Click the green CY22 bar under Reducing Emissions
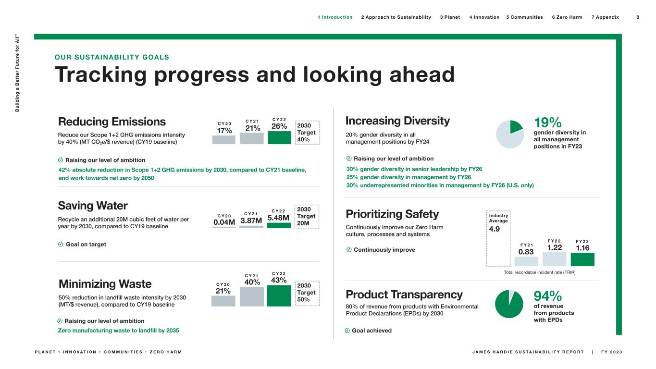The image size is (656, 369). click(279, 137)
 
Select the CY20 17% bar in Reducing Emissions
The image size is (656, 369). click(224, 140)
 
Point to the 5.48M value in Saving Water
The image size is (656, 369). click(279, 218)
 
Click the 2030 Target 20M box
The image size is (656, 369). click(307, 216)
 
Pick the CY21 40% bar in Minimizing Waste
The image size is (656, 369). click(252, 296)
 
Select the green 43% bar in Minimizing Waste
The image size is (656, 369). click(279, 295)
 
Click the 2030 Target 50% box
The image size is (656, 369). click(307, 293)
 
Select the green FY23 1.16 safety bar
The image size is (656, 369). click(582, 259)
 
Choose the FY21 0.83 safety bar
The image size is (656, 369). click(526, 261)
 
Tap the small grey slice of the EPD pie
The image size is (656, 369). click(512, 293)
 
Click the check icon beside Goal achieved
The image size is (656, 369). click(347, 331)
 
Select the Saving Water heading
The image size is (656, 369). click(93, 206)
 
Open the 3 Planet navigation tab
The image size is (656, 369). click(450, 17)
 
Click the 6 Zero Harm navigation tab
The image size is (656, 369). click(567, 17)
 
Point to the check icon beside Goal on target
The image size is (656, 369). click(61, 244)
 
